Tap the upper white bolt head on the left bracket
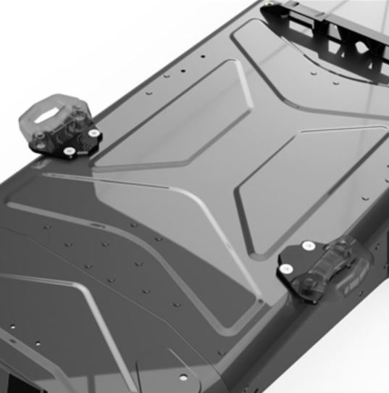(x=93, y=133)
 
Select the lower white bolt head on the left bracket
(x=68, y=152)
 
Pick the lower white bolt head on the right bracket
(x=286, y=269)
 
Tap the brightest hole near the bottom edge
(x=183, y=378)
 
